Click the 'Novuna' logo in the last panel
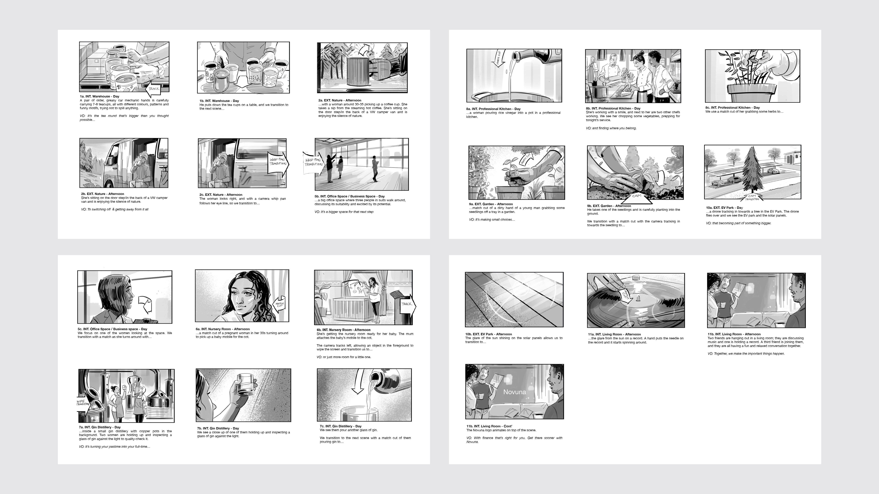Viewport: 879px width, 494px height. pyautogui.click(x=515, y=392)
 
